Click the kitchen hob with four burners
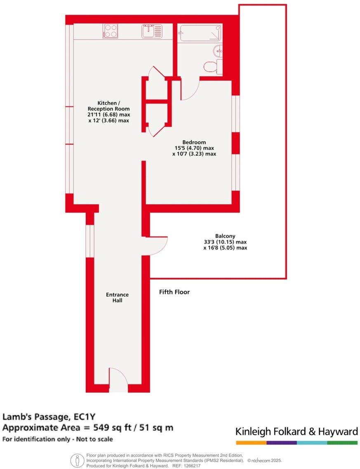pyautogui.click(x=111, y=31)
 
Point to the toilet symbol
pyautogui.click(x=212, y=67)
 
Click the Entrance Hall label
pyautogui.click(x=117, y=297)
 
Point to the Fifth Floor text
pyautogui.click(x=174, y=292)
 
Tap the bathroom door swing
pyautogui.click(x=190, y=90)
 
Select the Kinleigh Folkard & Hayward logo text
pyautogui.click(x=296, y=432)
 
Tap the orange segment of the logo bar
pyautogui.click(x=251, y=443)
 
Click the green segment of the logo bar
pyautogui.click(x=342, y=443)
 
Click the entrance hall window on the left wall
pyautogui.click(x=90, y=241)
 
